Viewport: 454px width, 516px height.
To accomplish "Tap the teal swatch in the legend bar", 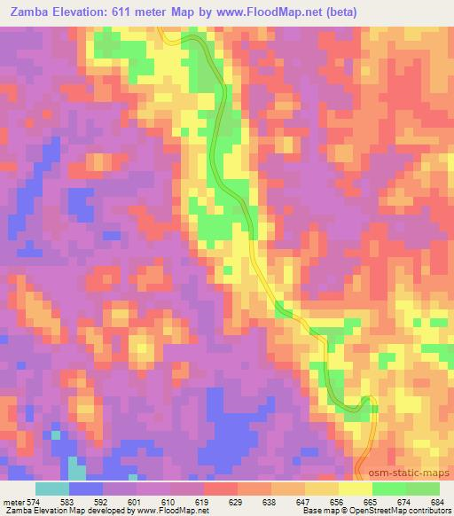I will coord(52,488).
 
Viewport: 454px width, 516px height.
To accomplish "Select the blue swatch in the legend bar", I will coord(86,488).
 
